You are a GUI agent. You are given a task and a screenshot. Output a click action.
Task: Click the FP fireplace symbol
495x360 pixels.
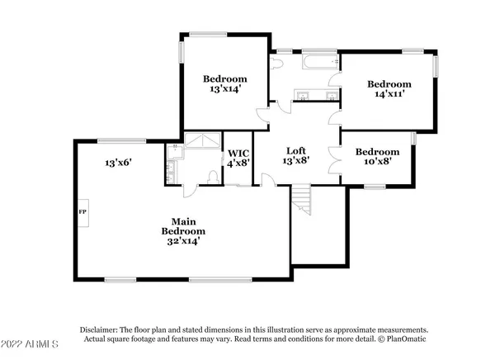point(82,212)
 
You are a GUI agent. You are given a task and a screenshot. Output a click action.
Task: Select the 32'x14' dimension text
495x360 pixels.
point(181,242)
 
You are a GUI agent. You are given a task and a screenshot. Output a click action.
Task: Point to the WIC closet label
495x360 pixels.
point(239,152)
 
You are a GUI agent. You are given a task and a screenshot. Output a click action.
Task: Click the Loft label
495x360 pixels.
point(296,150)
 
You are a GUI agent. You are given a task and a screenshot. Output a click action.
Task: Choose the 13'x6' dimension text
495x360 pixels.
point(119,162)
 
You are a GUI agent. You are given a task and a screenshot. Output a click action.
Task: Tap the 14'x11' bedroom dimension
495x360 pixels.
point(389,96)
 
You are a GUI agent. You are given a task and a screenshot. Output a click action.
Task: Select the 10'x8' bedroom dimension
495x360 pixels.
point(378,163)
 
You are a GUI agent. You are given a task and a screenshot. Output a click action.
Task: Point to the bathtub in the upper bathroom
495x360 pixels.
point(318,64)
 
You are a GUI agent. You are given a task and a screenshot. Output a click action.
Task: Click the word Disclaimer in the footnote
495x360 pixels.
point(99,328)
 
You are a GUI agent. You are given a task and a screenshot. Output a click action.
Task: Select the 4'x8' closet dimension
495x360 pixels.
point(239,163)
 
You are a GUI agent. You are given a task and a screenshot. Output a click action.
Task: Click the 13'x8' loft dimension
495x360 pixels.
point(296,161)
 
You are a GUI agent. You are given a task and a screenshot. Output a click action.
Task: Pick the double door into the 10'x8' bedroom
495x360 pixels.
point(335,160)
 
